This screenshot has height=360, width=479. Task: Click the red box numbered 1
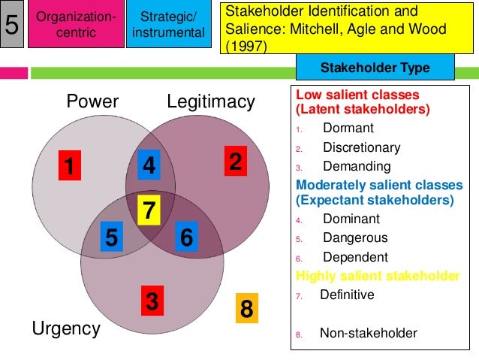pos(70,165)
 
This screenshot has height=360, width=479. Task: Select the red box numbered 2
pos(235,162)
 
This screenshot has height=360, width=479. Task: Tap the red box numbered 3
pos(152,301)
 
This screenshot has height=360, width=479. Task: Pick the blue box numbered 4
pos(149,165)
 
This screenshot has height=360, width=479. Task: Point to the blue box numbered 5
pos(111,237)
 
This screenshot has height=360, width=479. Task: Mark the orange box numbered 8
pos(246,309)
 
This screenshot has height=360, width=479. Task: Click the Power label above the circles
pos(92,101)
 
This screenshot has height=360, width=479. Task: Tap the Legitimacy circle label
pos(211,101)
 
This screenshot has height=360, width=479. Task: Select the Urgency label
pos(66,328)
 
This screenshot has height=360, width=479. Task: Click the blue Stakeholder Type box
pos(375,68)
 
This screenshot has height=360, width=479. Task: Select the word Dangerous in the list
pos(355,237)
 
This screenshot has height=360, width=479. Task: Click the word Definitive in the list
pos(347,295)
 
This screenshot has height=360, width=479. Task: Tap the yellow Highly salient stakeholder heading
pos(378,276)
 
